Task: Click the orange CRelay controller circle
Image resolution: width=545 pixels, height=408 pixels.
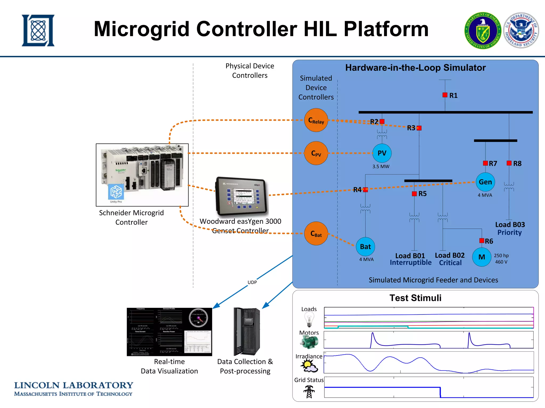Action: point(316,120)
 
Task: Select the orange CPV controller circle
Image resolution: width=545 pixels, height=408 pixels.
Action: point(316,153)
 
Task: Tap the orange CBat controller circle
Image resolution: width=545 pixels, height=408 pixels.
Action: point(316,233)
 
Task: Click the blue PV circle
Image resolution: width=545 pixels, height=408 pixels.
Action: point(382,153)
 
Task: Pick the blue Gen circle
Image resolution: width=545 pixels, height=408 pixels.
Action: point(485,182)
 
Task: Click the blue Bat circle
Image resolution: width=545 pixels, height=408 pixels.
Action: point(365,246)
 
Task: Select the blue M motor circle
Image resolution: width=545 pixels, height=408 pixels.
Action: point(482,257)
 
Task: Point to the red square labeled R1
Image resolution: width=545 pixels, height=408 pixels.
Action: point(445,95)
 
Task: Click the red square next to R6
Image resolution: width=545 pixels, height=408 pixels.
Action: point(482,241)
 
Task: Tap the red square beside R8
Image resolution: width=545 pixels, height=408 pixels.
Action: point(509,163)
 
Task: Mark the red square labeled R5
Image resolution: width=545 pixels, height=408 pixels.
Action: point(414,194)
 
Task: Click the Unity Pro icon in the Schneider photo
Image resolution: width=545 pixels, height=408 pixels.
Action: point(116,192)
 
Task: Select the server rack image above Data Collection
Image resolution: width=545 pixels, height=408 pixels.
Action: point(247,331)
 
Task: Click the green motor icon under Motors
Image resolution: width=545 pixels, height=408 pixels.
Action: point(309,342)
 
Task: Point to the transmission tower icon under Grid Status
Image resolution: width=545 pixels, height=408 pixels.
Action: point(309,392)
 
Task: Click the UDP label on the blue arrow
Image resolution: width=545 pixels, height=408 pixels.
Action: point(252,282)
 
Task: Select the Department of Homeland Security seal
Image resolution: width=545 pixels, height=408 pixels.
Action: point(521,30)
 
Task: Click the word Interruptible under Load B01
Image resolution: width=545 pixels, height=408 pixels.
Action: point(411,263)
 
